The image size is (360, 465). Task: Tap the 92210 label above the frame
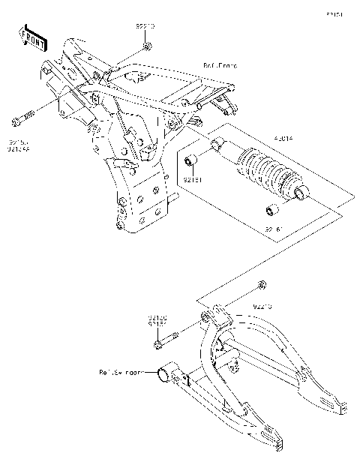coord(145,26)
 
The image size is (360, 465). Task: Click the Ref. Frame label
coord(220,66)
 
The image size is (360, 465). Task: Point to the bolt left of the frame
coord(23,117)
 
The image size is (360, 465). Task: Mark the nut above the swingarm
coord(261,284)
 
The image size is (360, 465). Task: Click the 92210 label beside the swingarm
coord(262,306)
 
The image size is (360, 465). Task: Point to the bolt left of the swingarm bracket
coord(166,340)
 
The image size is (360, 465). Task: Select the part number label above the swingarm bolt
coord(157,320)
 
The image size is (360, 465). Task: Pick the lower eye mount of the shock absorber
coord(301,197)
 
